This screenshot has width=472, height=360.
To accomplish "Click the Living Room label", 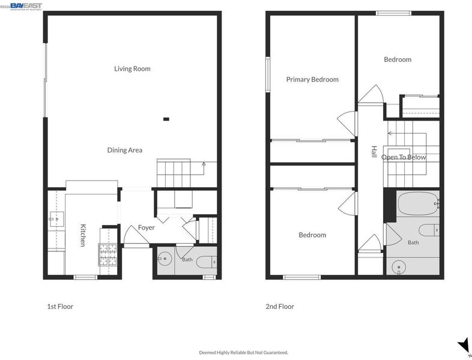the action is click(132, 68).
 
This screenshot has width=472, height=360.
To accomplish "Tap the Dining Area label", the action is click(125, 150).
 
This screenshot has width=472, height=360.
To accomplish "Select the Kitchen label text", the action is click(83, 235).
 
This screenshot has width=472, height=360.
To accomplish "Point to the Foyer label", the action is click(147, 227).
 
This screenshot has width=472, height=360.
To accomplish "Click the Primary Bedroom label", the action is click(312, 79).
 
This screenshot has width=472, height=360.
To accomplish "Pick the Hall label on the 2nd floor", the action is click(374, 152).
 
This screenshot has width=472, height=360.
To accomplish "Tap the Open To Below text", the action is click(404, 157).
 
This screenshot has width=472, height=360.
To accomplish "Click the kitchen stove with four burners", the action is click(107, 255).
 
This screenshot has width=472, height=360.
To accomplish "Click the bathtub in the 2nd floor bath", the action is click(418, 203).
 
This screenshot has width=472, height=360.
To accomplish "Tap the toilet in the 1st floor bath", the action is click(207, 262).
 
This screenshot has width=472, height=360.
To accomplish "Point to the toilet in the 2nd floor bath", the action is click(429, 230).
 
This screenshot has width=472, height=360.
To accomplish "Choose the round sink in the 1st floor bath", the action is click(165, 259).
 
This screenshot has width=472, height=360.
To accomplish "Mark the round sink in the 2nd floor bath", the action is click(399, 267).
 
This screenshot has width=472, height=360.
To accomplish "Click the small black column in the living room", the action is click(166, 119).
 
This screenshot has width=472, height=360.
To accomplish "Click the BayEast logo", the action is click(26, 7).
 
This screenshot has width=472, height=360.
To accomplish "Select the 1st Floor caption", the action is click(60, 307).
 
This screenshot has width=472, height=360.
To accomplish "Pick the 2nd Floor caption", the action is click(280, 307).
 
